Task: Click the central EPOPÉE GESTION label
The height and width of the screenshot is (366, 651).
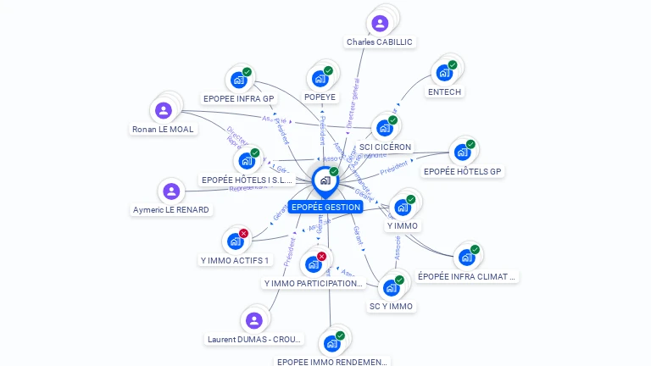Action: [x=325, y=207]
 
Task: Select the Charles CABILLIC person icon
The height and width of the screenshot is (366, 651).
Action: [x=380, y=23]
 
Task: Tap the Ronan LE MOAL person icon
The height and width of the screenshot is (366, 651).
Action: [x=164, y=110]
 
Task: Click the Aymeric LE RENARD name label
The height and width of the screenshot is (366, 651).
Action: [x=171, y=209]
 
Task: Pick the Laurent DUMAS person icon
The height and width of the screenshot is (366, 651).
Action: [x=253, y=320]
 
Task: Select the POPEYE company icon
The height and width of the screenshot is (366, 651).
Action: [x=320, y=79]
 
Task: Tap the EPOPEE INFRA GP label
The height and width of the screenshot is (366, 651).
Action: [x=239, y=98]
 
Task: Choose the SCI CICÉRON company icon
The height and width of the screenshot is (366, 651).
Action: [x=384, y=128]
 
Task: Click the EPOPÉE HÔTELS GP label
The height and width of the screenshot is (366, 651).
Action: [x=463, y=171]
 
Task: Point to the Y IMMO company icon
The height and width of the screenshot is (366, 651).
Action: [x=402, y=208]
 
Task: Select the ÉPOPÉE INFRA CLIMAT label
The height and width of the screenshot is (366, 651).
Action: [x=467, y=276]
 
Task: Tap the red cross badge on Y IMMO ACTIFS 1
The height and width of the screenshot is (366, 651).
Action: [x=244, y=233]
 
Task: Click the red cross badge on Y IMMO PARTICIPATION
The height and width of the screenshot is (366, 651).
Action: [x=321, y=257]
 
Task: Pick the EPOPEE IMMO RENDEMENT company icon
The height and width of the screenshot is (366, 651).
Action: [x=331, y=343]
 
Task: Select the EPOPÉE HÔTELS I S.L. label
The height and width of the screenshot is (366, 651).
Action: [x=247, y=180]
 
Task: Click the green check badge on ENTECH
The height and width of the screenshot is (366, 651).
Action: [x=453, y=64]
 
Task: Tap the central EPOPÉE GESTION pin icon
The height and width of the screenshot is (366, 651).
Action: [x=325, y=180]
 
